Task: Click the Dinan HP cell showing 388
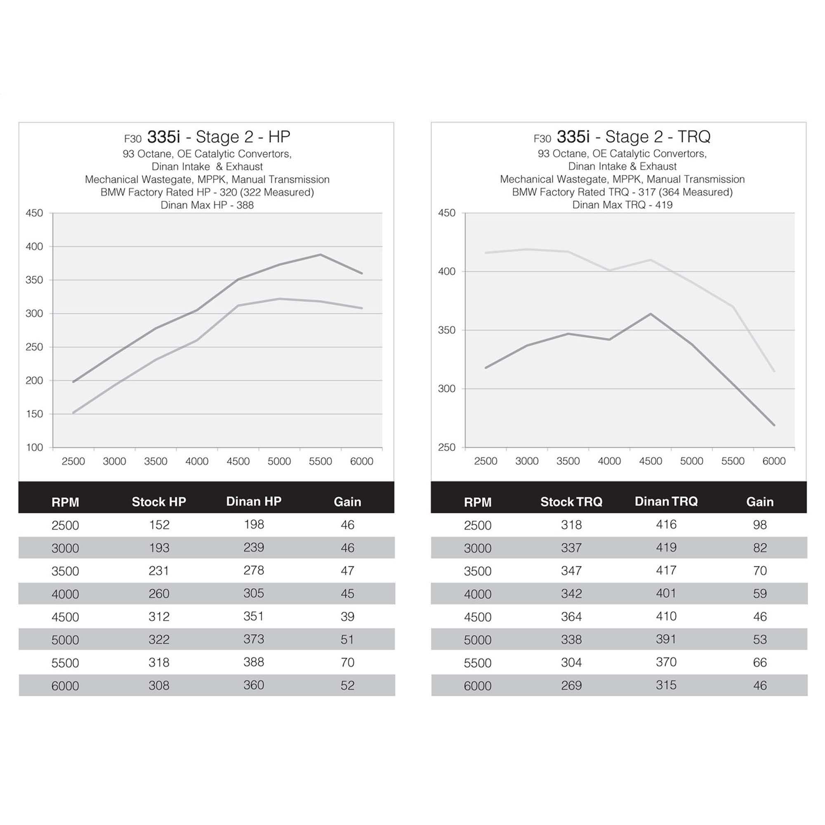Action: (254, 662)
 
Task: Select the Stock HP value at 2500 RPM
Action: (159, 524)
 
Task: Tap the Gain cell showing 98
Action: (760, 524)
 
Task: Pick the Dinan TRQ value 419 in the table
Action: (666, 547)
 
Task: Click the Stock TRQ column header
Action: (571, 502)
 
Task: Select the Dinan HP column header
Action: (254, 501)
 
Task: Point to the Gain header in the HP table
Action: (347, 502)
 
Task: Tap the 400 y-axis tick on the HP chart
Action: (34, 246)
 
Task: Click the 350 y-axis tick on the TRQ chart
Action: (447, 330)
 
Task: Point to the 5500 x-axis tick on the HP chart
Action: (320, 461)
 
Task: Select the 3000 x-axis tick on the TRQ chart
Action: (526, 461)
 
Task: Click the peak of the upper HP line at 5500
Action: (320, 255)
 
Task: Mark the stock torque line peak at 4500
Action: (651, 313)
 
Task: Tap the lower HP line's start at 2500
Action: (73, 412)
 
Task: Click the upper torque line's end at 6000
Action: (774, 371)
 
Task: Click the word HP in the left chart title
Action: (279, 137)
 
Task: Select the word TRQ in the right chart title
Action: (693, 137)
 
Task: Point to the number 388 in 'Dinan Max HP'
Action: (245, 205)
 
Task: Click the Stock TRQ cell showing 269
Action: (571, 685)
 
